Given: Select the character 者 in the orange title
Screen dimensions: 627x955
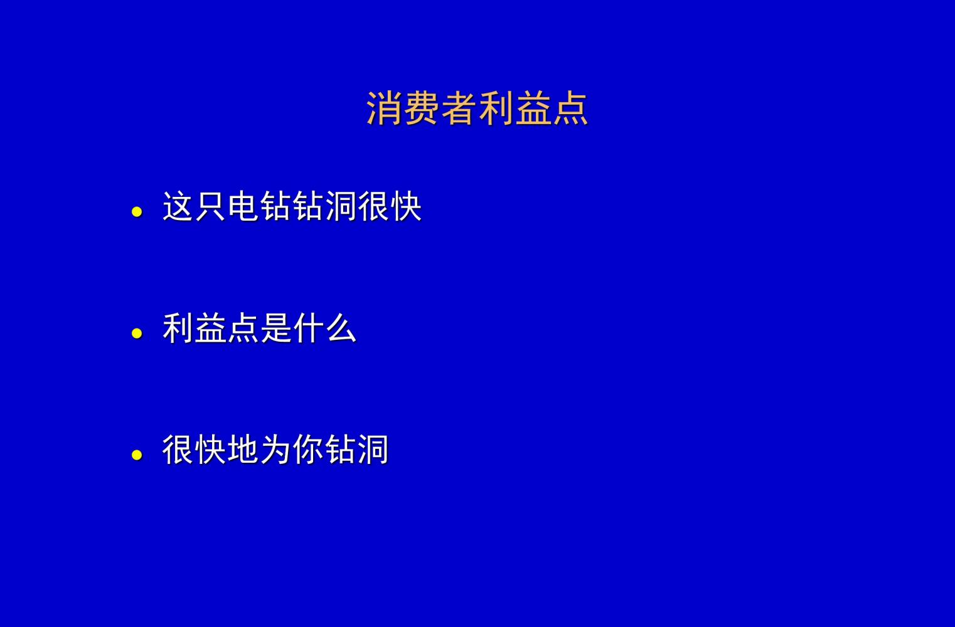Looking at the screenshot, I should (459, 108).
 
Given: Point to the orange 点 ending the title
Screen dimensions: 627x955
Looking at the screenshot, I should (570, 108).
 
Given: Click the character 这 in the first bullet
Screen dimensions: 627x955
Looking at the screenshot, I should (178, 206).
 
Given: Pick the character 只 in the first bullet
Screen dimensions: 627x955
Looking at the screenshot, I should (211, 206).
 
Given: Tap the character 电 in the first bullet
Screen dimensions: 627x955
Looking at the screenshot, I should (243, 206).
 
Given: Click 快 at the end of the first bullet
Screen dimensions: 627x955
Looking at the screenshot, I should (406, 206).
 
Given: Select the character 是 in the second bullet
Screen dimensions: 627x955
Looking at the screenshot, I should (276, 328).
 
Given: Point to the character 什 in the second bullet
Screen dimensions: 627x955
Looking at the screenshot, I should (309, 328).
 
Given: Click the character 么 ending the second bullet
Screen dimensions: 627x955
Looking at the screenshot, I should (341, 328).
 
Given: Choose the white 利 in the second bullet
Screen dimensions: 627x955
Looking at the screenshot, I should (178, 328).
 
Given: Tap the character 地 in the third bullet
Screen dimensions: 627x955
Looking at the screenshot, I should (243, 450).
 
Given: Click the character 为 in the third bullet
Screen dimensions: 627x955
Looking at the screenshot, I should (276, 450).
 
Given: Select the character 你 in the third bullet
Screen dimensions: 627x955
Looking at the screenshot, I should (309, 450).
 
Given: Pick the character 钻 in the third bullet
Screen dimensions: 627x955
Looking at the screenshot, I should (341, 450).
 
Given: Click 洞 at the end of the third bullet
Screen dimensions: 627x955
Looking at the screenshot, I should (374, 450).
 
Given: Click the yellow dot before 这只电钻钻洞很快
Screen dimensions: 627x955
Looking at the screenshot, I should (137, 212).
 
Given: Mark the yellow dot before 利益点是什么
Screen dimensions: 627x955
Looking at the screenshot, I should (137, 334).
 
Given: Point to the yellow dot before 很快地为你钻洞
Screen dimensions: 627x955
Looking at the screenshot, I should (137, 455).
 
